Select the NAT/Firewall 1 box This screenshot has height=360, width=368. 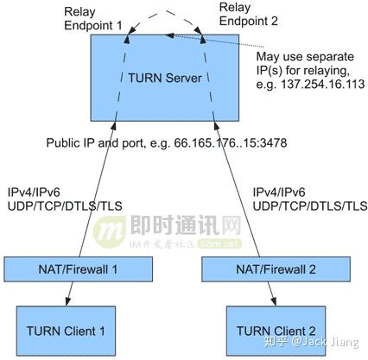pyautogui.click(x=73, y=268)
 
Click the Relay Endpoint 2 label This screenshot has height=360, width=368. pyautogui.click(x=248, y=17)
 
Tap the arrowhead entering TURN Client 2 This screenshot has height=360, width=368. pyautogui.click(x=276, y=301)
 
